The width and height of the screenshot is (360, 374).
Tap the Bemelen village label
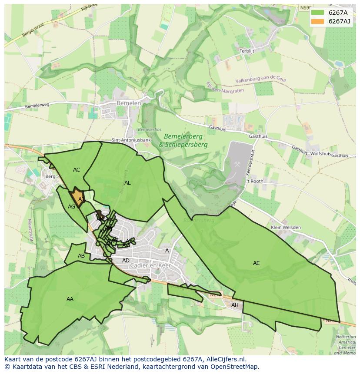click(129, 103)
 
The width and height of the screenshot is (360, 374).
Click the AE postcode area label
click(256, 263)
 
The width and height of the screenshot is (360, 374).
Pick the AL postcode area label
click(127, 183)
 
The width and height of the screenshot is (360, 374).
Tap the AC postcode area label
click(77, 170)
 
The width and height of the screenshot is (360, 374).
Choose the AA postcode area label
click(70, 299)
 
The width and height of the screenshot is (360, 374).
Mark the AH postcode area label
click(235, 305)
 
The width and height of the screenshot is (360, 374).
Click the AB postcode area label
click(81, 256)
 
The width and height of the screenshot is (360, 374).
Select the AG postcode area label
click(72, 207)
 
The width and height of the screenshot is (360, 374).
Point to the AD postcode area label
click(126, 261)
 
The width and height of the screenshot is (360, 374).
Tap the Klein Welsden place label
click(285, 228)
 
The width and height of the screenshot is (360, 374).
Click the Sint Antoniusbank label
click(131, 140)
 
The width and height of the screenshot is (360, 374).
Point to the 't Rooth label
click(255, 181)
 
